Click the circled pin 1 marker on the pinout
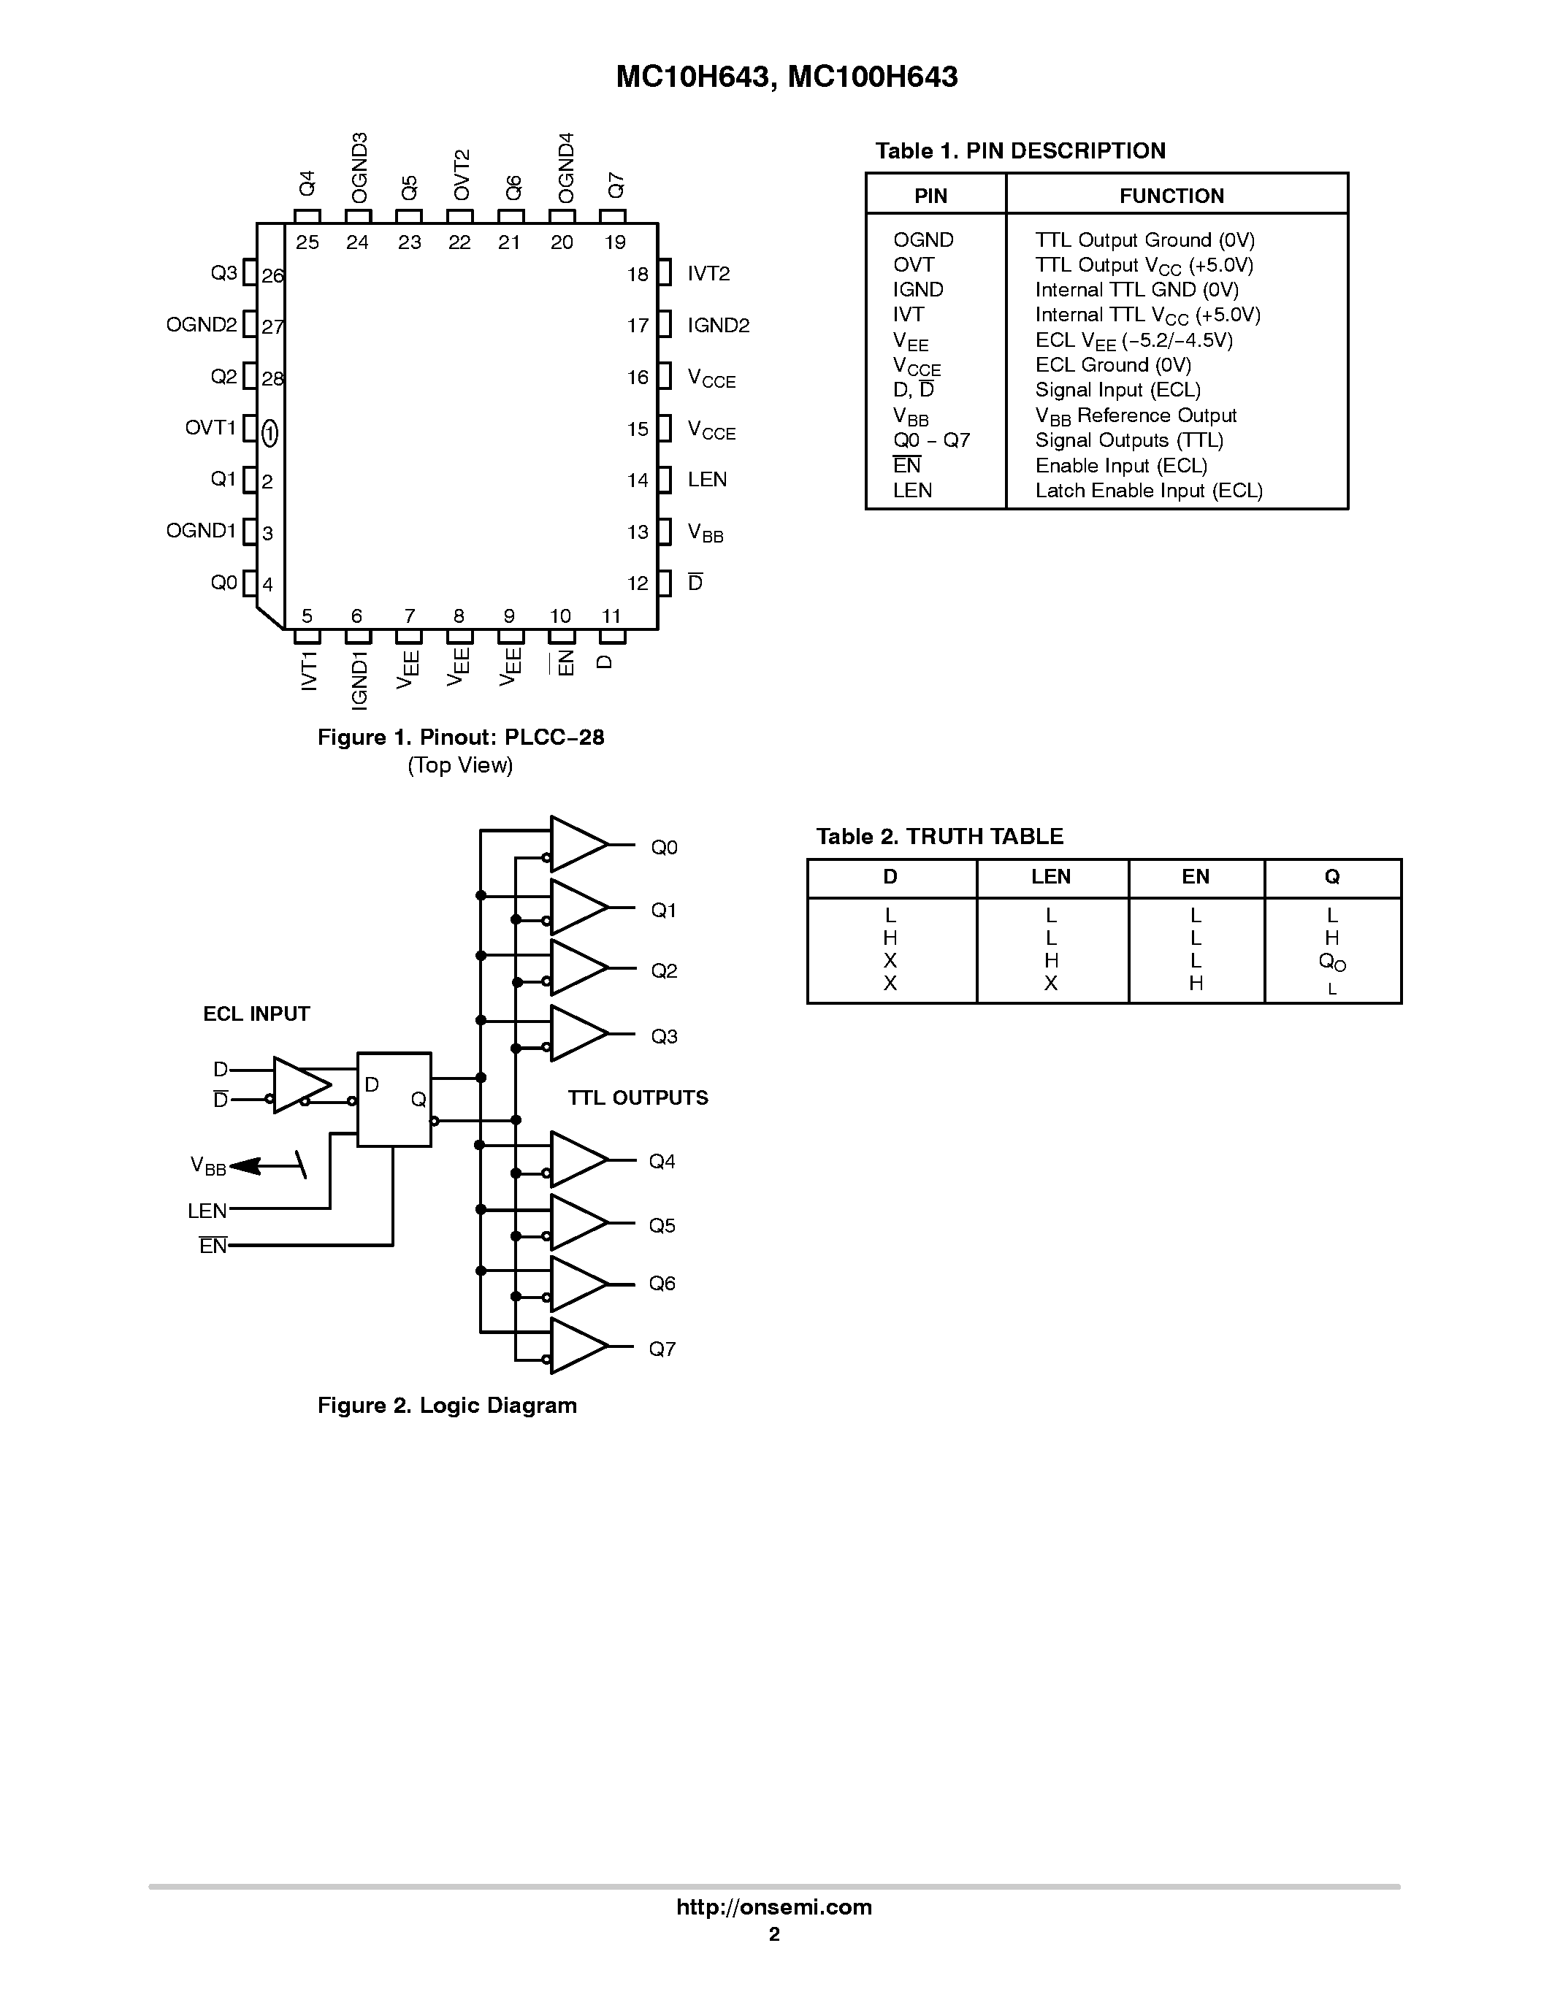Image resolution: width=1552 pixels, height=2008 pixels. click(x=270, y=432)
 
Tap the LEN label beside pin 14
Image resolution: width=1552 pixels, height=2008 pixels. click(x=707, y=480)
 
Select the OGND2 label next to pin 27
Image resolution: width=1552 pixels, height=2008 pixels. click(x=202, y=324)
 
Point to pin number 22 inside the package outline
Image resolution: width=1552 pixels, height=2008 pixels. click(x=459, y=242)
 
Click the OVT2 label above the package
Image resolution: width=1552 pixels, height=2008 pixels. click(x=462, y=175)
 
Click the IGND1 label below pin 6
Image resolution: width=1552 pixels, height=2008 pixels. click(x=359, y=680)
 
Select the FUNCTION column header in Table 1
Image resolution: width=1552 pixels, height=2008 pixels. click(x=1171, y=196)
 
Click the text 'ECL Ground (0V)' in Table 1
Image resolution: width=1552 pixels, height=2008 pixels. click(x=1112, y=365)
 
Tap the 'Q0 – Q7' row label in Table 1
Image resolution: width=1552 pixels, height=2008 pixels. click(x=930, y=440)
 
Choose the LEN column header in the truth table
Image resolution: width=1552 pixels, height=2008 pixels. click(x=1050, y=877)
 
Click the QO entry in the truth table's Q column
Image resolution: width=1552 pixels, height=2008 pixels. click(x=1331, y=962)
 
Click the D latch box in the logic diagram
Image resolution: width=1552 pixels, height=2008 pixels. click(x=394, y=1100)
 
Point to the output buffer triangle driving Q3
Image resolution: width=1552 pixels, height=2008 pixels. click(x=576, y=1033)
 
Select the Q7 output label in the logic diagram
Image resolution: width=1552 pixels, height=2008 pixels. click(x=662, y=1349)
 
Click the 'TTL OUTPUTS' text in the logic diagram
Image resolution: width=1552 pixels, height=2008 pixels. click(x=637, y=1097)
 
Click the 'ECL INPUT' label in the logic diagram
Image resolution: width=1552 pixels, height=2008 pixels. click(x=256, y=1014)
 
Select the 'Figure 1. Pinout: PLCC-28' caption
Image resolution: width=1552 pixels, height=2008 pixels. click(x=461, y=737)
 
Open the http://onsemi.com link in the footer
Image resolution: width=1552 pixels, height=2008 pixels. click(x=774, y=1907)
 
